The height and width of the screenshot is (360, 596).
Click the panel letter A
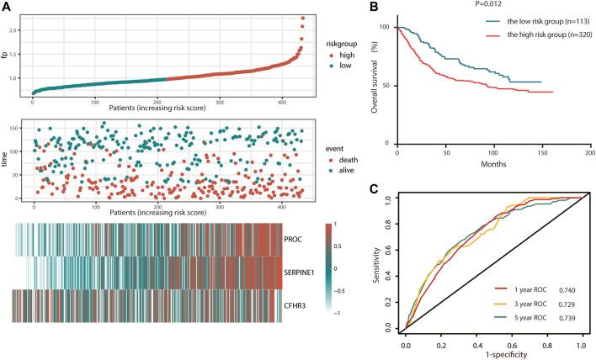tap(7, 8)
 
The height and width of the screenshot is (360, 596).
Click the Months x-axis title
tap(492, 166)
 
